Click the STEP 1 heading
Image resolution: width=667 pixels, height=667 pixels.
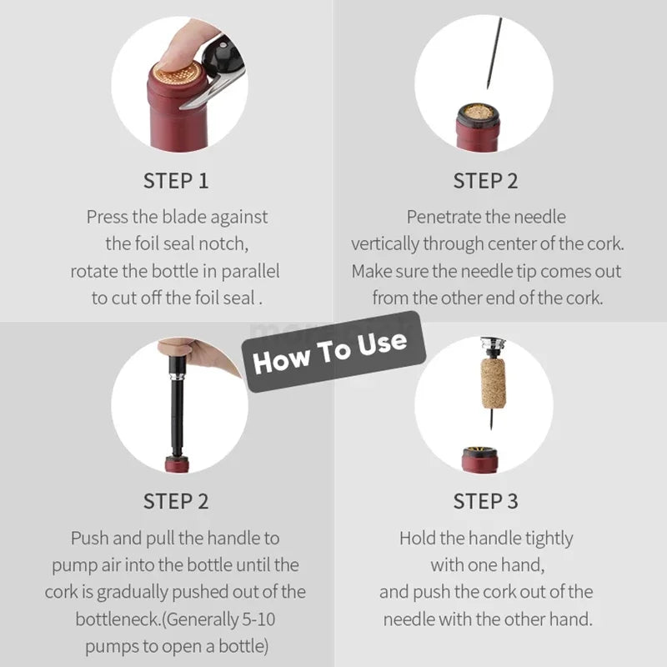click(x=176, y=180)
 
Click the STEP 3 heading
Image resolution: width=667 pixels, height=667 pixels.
click(x=485, y=501)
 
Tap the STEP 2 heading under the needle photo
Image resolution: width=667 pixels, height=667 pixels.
click(x=485, y=180)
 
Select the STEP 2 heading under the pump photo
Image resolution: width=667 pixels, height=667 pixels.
click(x=176, y=501)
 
